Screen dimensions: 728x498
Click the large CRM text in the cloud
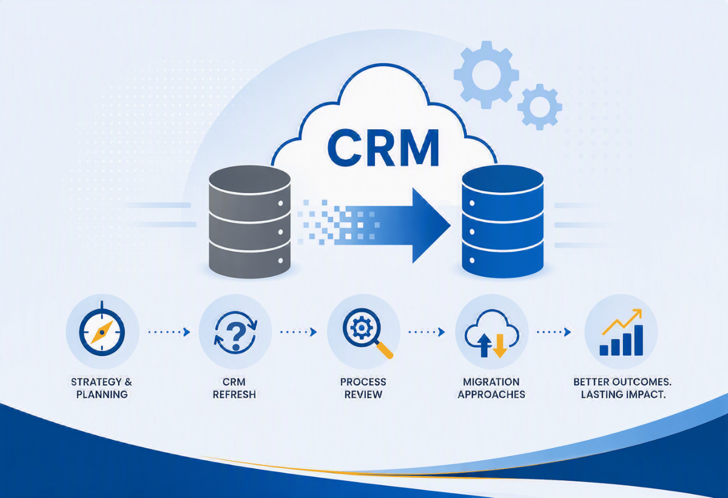383,148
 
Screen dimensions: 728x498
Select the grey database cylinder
249,222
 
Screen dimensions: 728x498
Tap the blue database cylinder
503,221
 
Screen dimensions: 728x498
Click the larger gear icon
486,75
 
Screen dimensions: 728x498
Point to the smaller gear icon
539,107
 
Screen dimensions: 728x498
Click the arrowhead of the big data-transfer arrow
431,225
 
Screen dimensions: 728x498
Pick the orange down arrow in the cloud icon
500,345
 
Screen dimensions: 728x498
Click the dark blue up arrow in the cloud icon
484,345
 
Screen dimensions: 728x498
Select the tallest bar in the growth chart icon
638,340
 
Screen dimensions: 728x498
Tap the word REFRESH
234,395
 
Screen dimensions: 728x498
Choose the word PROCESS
363,382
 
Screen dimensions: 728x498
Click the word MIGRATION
491,382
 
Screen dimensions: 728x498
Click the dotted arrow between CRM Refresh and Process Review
298,332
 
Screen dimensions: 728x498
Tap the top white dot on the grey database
280,203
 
